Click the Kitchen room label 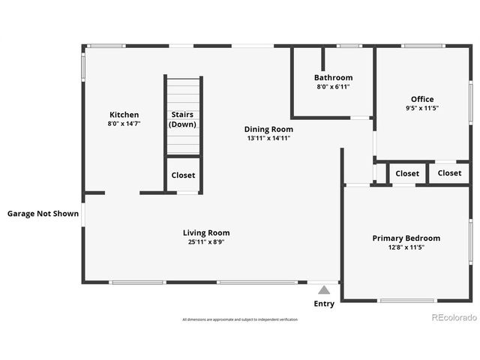point(124,115)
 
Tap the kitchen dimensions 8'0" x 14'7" point(124,124)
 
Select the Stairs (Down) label point(183,119)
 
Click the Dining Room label point(268,129)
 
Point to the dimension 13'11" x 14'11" point(268,138)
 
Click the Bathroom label point(333,77)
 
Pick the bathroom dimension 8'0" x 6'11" point(333,86)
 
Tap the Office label point(422,99)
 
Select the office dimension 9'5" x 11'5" point(422,108)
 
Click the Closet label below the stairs point(183,175)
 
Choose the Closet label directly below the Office point(407,173)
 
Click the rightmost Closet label point(450,173)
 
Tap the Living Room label point(206,232)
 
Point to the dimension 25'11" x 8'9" point(206,242)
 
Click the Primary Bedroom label point(406,238)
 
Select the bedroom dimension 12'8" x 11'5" point(406,247)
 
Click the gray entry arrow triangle point(324,289)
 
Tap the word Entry point(324,304)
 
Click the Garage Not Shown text point(43,214)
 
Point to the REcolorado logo point(454,317)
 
